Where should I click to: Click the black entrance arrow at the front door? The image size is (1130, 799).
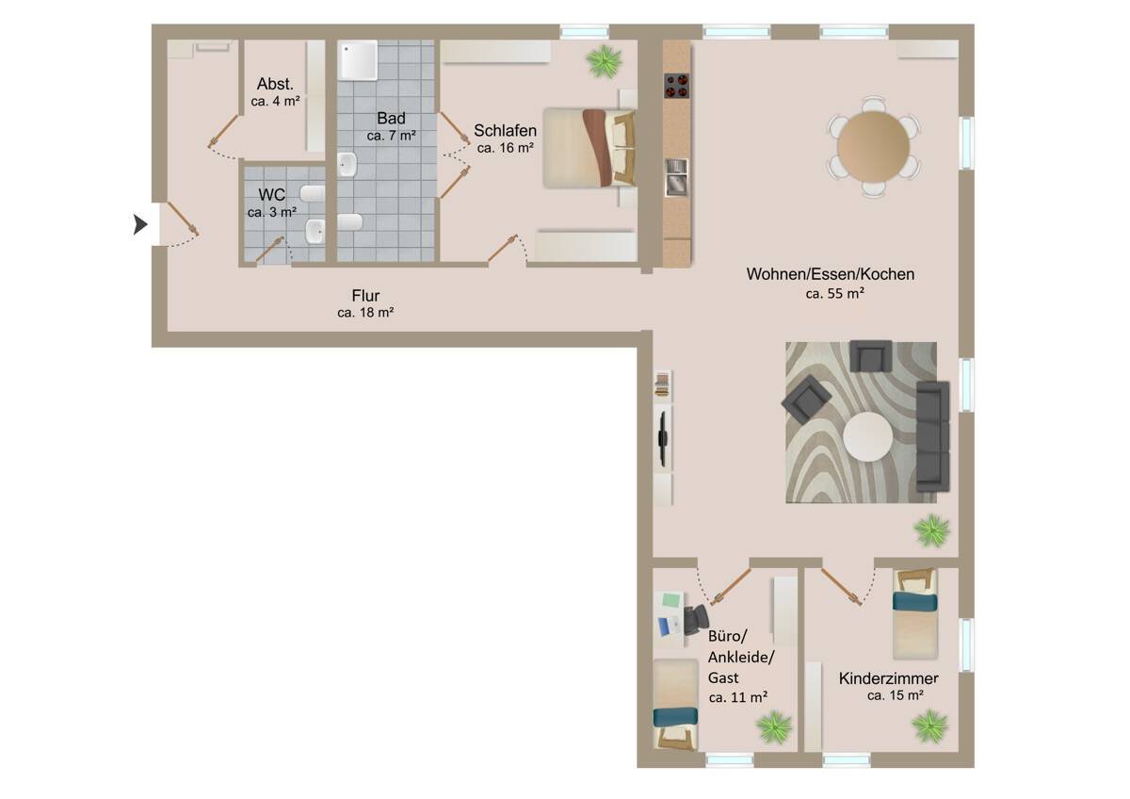140,224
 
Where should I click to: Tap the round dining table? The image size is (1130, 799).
873,146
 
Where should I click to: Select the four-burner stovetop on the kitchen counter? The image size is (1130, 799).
676,86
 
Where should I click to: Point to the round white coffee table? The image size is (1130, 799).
867,436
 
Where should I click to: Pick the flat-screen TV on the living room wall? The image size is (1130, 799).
663,438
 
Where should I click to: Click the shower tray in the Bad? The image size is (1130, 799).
358,60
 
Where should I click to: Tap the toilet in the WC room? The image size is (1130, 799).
313,193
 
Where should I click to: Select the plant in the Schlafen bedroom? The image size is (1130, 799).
604,61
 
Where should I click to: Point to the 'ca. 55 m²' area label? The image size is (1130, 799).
835,293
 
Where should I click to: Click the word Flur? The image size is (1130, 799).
365,295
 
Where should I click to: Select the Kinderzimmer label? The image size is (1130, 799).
888,678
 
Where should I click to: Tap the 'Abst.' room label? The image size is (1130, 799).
275,83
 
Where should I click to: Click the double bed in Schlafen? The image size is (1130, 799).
589,148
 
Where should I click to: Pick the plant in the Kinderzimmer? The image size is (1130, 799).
929,726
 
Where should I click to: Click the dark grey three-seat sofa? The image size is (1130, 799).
933,436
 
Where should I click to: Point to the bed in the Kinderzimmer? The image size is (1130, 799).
915,613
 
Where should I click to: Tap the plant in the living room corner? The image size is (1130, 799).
931,530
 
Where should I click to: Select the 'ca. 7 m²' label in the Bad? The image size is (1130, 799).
391,136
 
